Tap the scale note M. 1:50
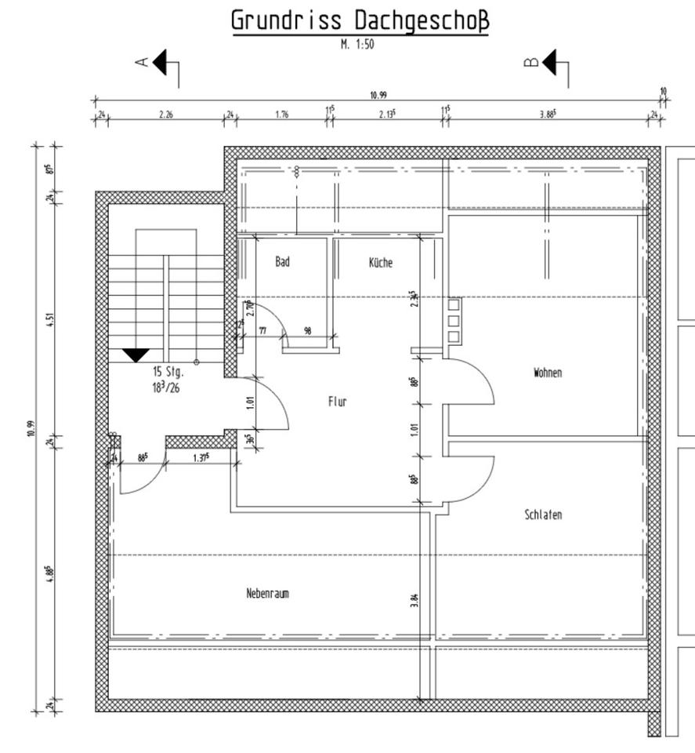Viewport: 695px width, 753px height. coord(357,45)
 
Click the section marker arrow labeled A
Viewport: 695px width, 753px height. coord(161,63)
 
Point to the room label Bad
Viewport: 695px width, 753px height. coord(282,262)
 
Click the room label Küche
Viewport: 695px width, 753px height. coord(381,263)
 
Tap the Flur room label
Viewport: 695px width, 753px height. coord(337,402)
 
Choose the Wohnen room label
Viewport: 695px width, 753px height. coord(548,373)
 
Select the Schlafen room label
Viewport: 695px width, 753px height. coord(543,515)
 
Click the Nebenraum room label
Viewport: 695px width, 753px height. coord(267,594)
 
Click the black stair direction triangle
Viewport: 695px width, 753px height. coord(136,355)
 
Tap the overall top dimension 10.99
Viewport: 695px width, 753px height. coord(378,95)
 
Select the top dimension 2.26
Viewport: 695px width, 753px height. coord(166,115)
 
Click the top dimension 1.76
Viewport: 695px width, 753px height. coord(282,115)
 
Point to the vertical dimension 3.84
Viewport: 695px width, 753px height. coord(414,601)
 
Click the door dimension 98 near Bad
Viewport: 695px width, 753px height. coord(308,332)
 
